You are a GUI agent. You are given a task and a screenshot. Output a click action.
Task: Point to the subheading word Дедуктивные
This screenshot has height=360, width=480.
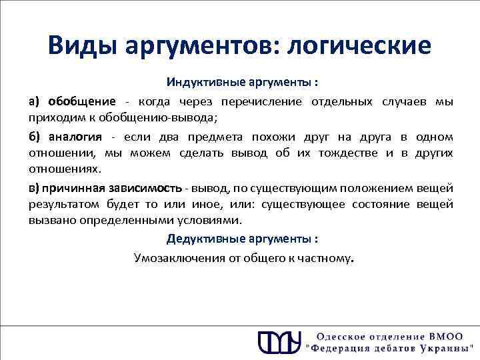[x=201, y=239]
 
